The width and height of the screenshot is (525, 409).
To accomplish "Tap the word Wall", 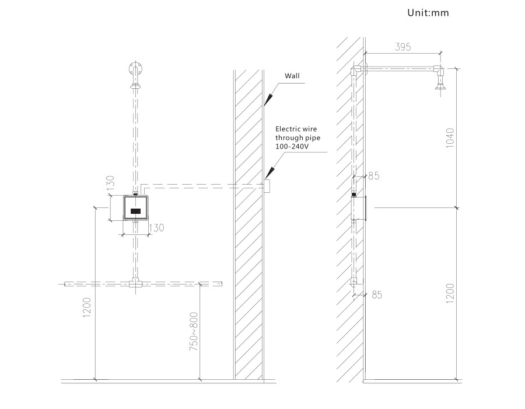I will tap(292, 76).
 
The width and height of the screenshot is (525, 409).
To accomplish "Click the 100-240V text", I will tap(292, 147).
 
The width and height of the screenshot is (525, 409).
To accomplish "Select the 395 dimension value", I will tap(403, 48).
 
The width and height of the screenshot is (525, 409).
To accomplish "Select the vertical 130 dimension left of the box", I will tap(109, 183).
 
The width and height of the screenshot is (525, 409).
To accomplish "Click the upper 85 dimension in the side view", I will tap(374, 175).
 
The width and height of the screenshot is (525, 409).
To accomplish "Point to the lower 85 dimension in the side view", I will tap(376, 294).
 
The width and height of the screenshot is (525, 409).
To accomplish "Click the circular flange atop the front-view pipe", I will tap(135, 65).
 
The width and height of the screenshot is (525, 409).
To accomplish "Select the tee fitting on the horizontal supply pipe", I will tap(135, 283).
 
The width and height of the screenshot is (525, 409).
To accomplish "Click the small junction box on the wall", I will tap(266, 186).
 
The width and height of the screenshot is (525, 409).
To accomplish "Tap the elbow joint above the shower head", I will tap(439, 71).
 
